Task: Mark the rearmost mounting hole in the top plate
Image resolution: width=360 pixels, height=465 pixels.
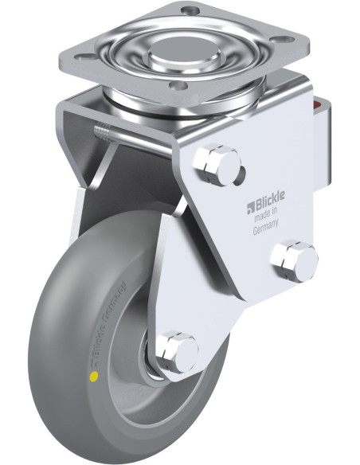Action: (190, 10)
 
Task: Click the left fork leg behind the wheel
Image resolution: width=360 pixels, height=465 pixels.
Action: (88, 199)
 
